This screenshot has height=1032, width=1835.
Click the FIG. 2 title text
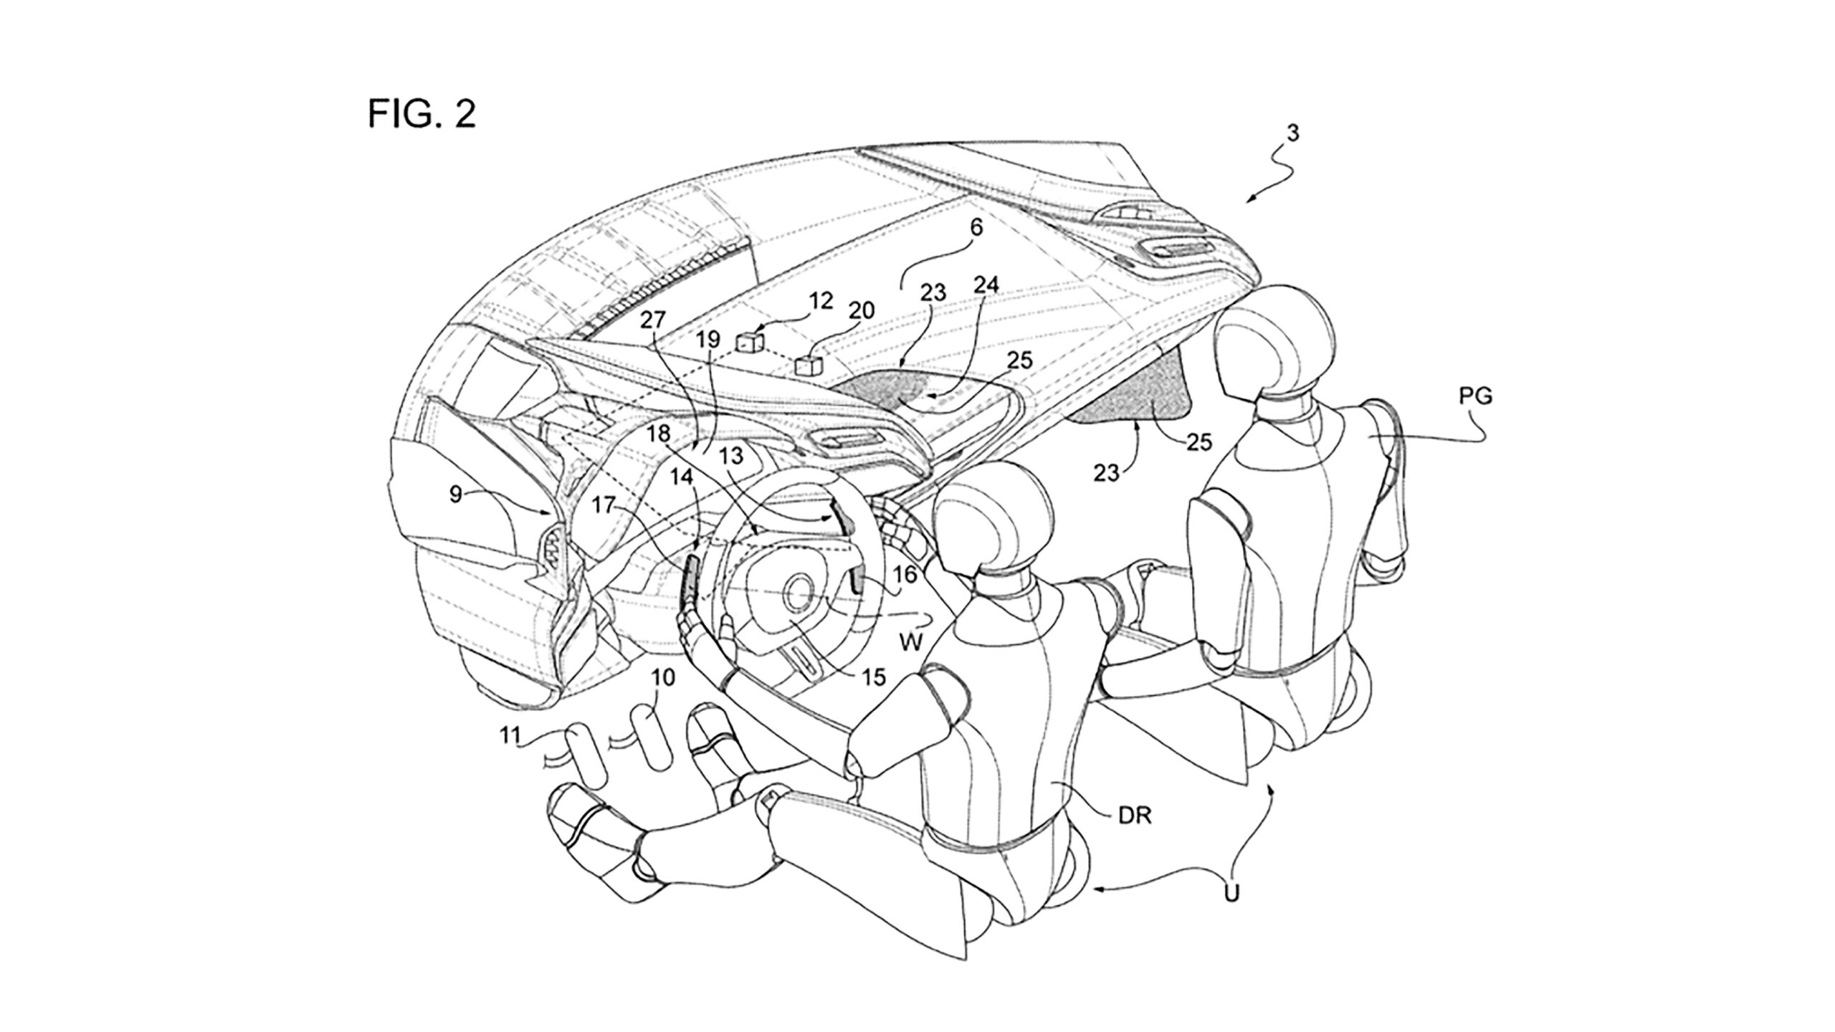[421, 114]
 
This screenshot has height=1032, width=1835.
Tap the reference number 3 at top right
[1292, 133]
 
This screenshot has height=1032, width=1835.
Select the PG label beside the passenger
[1475, 397]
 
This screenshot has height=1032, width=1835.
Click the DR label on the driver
[1135, 816]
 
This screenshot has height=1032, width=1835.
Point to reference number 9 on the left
[456, 494]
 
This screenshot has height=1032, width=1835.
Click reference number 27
[653, 320]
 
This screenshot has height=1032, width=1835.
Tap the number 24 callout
[986, 285]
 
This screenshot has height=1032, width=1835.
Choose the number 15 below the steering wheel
[874, 676]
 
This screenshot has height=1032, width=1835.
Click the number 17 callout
[604, 505]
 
